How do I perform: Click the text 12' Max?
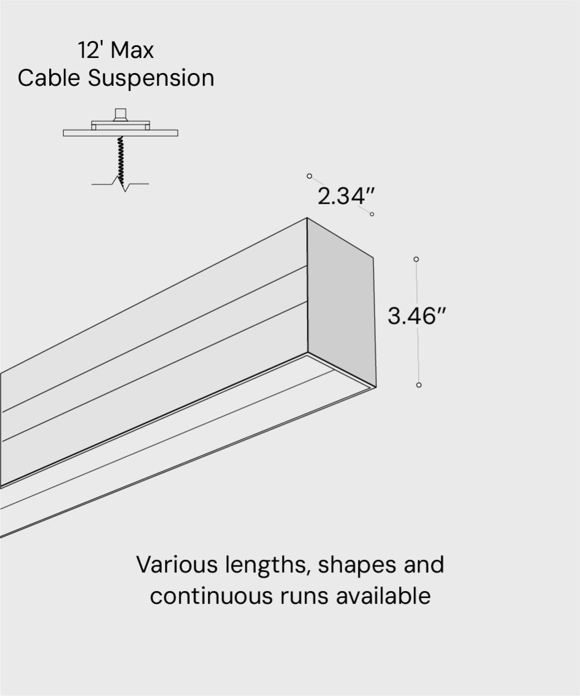(116, 50)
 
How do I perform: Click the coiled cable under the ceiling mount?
(121, 159)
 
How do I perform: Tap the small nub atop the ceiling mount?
(121, 113)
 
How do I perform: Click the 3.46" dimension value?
(417, 317)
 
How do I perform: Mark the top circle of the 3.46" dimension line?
(416, 259)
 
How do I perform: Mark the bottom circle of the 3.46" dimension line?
(419, 385)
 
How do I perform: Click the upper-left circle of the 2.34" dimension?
(310, 176)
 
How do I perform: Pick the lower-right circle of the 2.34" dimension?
(372, 214)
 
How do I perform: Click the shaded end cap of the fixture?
(341, 302)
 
